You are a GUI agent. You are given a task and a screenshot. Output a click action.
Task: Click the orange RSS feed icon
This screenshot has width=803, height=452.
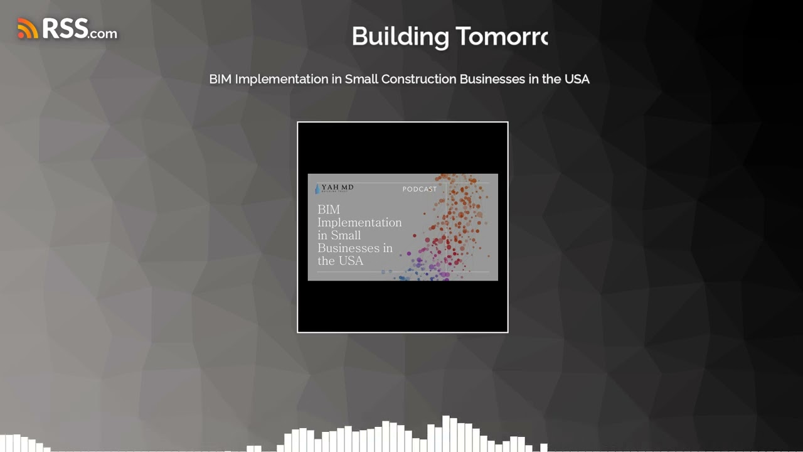coord(28,28)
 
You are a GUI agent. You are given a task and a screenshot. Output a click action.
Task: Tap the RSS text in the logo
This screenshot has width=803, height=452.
coord(65,28)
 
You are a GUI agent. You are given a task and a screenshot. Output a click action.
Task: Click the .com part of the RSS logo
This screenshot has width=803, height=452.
coord(103,33)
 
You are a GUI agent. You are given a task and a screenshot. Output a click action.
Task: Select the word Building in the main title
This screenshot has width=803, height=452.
coord(398,36)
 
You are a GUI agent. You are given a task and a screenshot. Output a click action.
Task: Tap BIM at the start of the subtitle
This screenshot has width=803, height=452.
coord(220,79)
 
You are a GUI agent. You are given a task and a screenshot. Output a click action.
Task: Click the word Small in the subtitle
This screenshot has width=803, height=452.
coord(361,79)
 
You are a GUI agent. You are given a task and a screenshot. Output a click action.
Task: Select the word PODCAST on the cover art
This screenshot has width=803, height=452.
coord(420,189)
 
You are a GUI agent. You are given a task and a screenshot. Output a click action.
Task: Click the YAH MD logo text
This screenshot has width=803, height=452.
coord(338,188)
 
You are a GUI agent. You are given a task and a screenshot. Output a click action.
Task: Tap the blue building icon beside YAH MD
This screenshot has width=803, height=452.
coord(317,188)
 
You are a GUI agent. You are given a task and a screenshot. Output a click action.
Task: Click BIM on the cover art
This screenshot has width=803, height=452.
coord(328,209)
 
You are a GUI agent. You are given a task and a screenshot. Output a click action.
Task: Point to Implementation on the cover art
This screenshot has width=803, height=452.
coord(359,222)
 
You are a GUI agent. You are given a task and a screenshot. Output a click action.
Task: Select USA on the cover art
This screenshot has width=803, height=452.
coord(351,261)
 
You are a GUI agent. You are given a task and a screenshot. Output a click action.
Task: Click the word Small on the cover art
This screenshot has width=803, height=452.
coord(346,235)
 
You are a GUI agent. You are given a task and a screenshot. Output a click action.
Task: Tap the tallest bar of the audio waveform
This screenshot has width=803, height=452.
coord(446,433)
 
